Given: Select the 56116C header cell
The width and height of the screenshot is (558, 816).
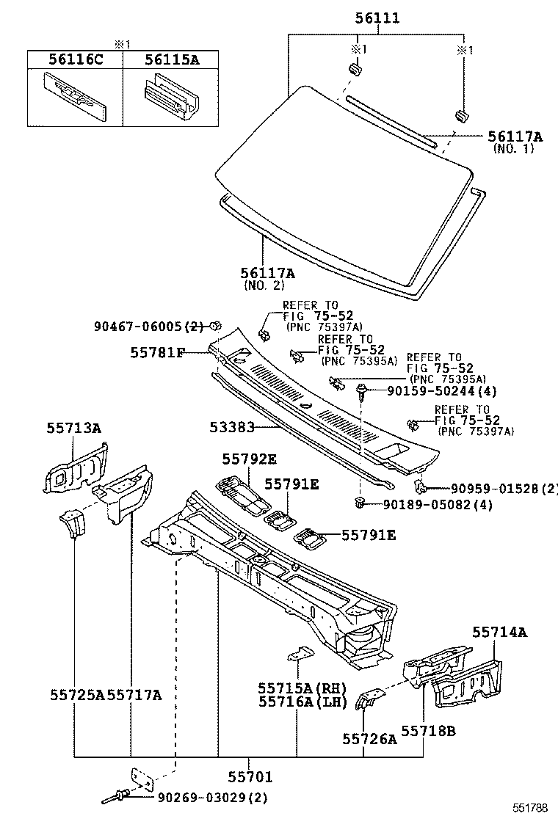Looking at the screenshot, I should pos(75,59).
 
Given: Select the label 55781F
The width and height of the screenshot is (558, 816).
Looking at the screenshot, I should pos(157,353).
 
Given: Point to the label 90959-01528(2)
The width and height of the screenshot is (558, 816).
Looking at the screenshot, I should pos(504,489).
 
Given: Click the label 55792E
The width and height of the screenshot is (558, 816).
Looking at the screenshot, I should pos(250,459).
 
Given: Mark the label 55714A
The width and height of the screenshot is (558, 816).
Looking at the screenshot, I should pos(499,631).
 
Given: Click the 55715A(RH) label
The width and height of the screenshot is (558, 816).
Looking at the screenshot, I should pos(301,688).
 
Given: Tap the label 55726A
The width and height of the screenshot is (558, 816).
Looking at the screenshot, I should pos(370,738).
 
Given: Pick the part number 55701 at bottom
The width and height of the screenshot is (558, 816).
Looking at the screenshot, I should pos(250,776).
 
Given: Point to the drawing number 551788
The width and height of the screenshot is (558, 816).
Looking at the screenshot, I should pos(530,808).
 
